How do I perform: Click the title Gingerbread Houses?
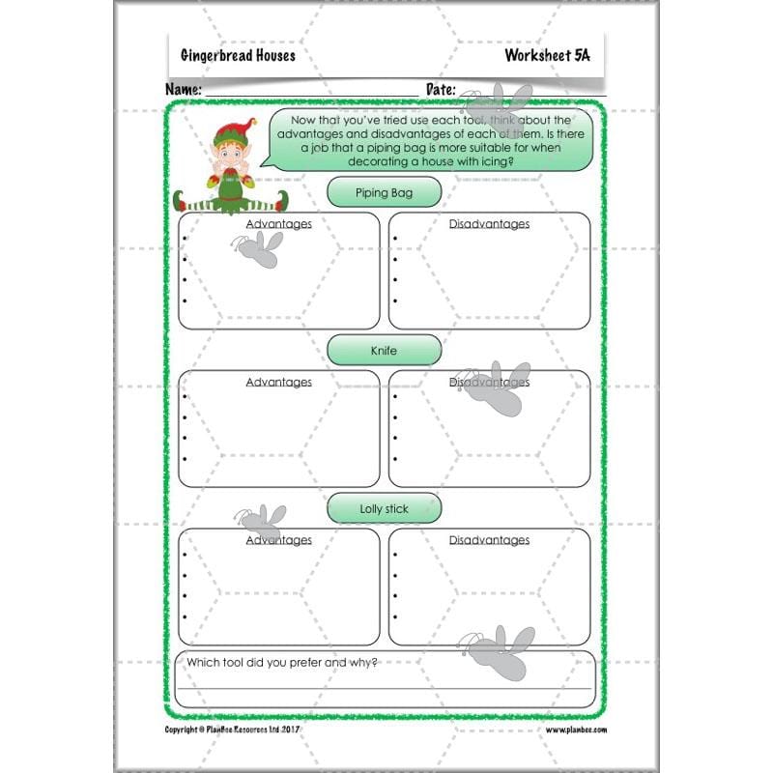(238, 55)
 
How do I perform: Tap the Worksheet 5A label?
(547, 55)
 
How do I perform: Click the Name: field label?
(184, 89)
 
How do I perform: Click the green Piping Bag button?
(384, 192)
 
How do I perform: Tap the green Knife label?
(384, 350)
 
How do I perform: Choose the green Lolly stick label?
(384, 508)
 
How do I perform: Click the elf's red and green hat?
(232, 131)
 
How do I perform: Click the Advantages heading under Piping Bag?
(278, 224)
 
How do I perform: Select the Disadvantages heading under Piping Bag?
(489, 224)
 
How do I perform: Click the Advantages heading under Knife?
(278, 382)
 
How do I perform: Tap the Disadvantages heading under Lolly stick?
(489, 540)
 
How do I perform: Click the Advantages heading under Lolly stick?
(278, 540)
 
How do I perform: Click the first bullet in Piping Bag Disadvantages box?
(395, 238)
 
